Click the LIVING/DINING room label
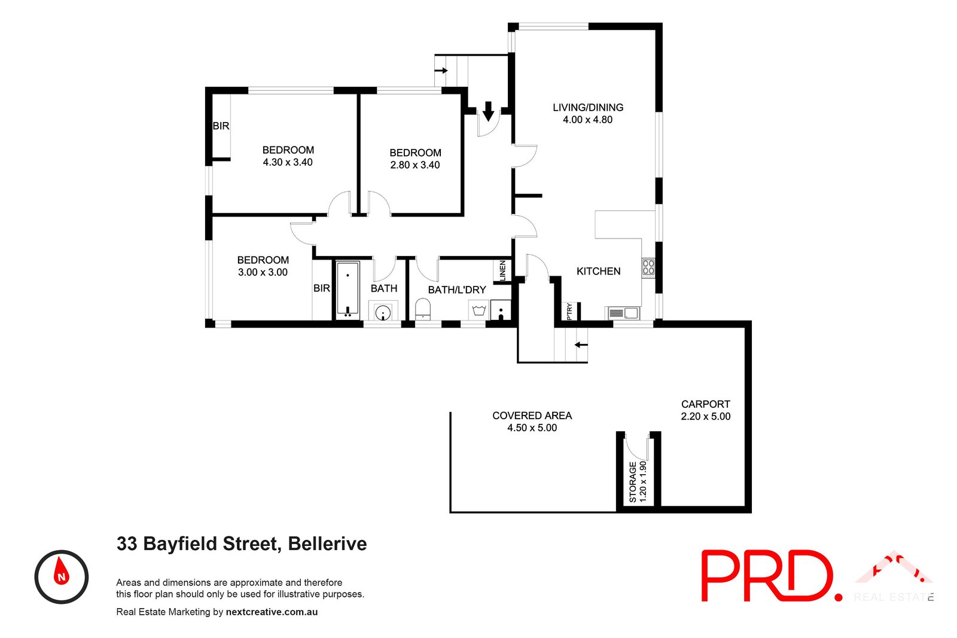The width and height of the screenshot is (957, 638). (x=587, y=108)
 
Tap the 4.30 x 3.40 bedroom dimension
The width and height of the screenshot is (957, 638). (x=288, y=162)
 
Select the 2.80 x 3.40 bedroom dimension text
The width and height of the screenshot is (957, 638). (x=415, y=165)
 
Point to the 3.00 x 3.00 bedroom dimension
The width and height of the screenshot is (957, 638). (x=263, y=272)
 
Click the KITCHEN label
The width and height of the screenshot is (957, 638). (x=598, y=271)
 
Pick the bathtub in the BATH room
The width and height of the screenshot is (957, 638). (x=347, y=289)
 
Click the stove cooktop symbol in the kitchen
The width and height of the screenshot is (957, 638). (x=648, y=267)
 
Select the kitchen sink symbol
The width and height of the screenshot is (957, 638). (x=623, y=313)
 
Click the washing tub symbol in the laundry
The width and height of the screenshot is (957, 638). (x=478, y=310)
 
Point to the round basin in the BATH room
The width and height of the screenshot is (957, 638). (x=383, y=312)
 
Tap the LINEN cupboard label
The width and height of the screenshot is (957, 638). (x=502, y=270)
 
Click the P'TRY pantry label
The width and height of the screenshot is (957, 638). (x=569, y=311)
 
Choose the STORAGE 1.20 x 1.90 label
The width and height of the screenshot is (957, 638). (x=638, y=481)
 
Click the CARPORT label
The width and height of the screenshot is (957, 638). (x=705, y=404)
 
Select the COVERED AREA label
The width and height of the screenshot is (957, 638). (x=532, y=416)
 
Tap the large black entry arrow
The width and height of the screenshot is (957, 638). (x=488, y=111)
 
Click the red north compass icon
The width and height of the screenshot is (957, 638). (x=62, y=576)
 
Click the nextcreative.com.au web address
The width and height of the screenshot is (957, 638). (x=272, y=612)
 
